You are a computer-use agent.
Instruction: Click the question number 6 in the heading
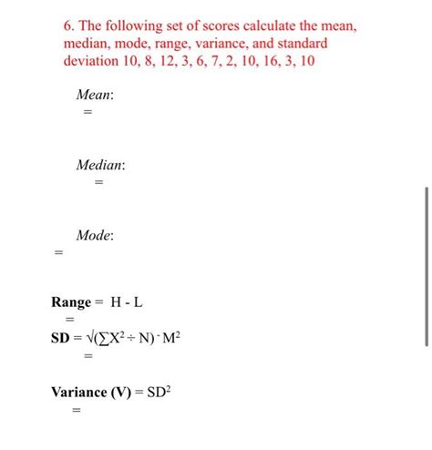tap(57, 27)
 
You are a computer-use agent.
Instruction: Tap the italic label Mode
tap(95, 235)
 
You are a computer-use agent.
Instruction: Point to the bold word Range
tap(71, 302)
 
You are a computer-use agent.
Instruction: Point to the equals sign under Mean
tap(88, 111)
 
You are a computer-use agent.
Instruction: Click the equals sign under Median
tap(98, 182)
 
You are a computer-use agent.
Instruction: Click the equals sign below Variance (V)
tap(76, 411)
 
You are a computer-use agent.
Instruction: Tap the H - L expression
tap(128, 302)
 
